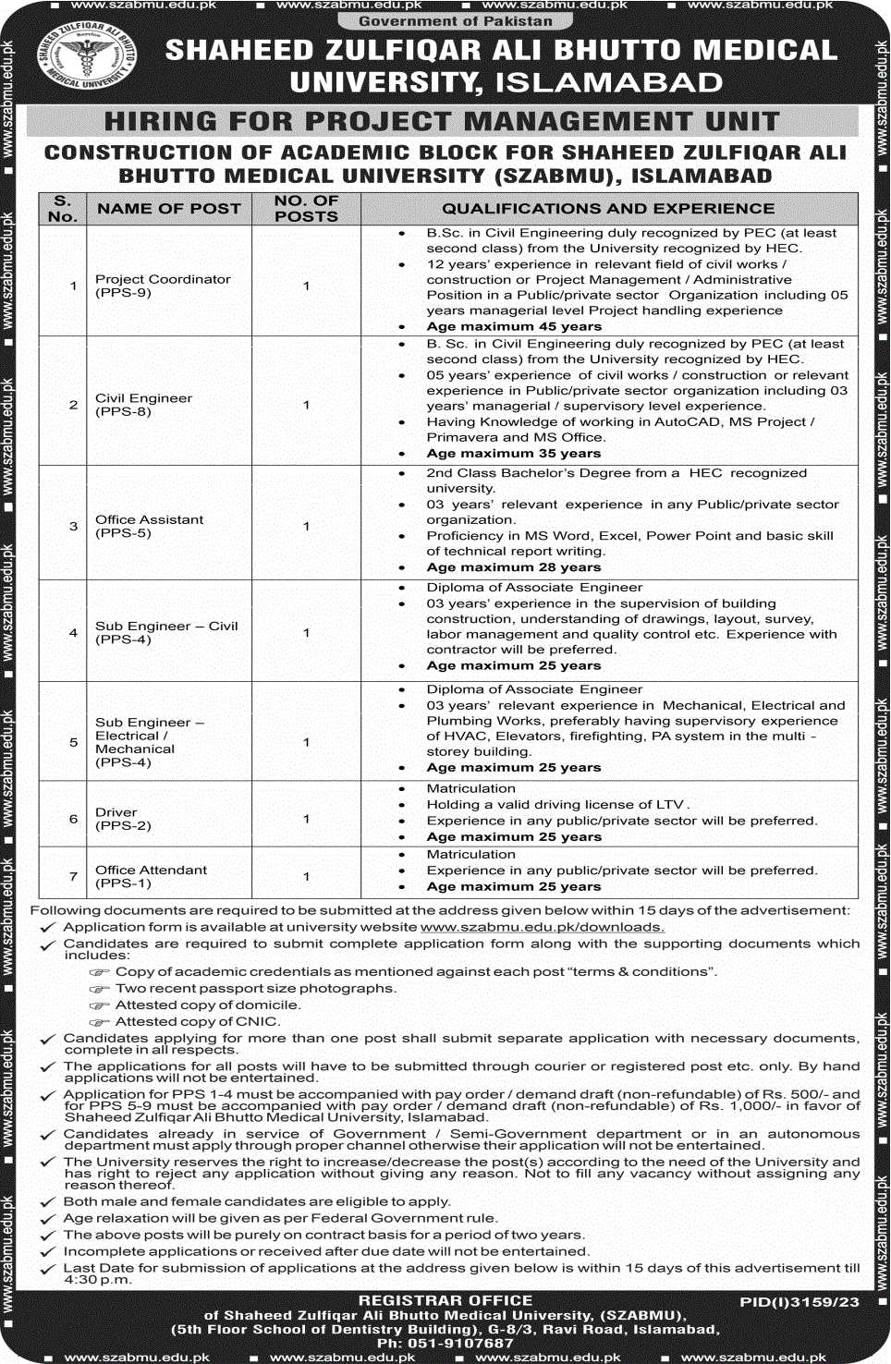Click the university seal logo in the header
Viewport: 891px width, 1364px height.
87,57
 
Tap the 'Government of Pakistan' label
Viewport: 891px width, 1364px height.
456,21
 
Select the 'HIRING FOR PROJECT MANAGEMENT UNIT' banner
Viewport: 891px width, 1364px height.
442,122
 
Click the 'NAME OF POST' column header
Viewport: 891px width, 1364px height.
169,209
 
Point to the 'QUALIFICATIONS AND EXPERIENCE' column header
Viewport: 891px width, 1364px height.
608,209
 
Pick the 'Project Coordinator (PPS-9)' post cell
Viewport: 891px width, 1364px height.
163,286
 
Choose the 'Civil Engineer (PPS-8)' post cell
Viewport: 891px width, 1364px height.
144,405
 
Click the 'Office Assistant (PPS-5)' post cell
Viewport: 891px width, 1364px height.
149,526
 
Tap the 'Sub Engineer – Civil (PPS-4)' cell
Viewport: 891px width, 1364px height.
166,632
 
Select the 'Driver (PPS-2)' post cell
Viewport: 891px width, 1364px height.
123,819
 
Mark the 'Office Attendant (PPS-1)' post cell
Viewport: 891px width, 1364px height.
151,876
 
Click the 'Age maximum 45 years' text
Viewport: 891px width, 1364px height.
514,326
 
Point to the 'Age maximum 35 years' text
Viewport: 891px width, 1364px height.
514,454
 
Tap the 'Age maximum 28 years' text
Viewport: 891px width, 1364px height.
514,567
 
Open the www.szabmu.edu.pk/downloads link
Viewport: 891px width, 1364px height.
542,927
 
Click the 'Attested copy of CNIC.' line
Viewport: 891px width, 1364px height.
197,1021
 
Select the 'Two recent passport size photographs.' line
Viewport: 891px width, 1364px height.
255,988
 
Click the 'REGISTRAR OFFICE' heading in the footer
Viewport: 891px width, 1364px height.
445,1300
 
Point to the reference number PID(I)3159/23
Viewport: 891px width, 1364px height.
799,1302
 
